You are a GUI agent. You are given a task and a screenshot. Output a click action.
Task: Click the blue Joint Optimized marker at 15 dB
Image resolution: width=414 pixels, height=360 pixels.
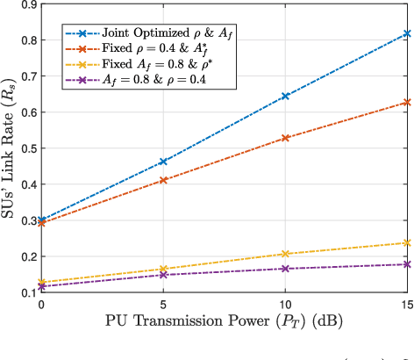406,33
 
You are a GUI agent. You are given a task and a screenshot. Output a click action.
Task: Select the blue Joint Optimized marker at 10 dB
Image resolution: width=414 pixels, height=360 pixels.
284,96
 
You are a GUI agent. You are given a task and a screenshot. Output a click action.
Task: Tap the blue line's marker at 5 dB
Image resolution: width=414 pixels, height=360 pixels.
162,162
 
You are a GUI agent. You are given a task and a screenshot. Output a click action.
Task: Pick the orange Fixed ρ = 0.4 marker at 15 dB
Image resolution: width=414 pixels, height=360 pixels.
406,103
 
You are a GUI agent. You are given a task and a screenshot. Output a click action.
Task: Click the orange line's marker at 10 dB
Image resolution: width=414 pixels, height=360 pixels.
284,138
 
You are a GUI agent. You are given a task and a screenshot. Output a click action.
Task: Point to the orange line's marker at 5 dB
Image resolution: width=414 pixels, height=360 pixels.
162,180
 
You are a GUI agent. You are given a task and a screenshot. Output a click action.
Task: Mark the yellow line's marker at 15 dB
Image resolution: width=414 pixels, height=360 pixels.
406,242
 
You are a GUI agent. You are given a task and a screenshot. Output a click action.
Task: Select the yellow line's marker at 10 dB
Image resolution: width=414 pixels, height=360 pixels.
284,254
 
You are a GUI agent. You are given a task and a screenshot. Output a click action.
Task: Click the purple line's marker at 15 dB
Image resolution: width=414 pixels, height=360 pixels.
406,263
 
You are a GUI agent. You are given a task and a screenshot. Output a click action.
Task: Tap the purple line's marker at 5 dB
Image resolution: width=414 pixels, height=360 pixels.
162,275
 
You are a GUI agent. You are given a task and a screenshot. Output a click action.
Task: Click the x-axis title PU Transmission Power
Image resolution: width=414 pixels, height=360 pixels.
223,323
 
